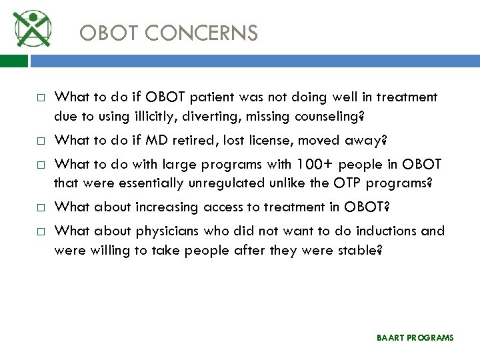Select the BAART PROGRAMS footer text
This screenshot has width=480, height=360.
415,338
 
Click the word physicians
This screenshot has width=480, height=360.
166,231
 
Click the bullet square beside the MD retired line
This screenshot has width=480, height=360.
41,141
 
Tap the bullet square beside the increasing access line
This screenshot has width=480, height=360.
41,207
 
